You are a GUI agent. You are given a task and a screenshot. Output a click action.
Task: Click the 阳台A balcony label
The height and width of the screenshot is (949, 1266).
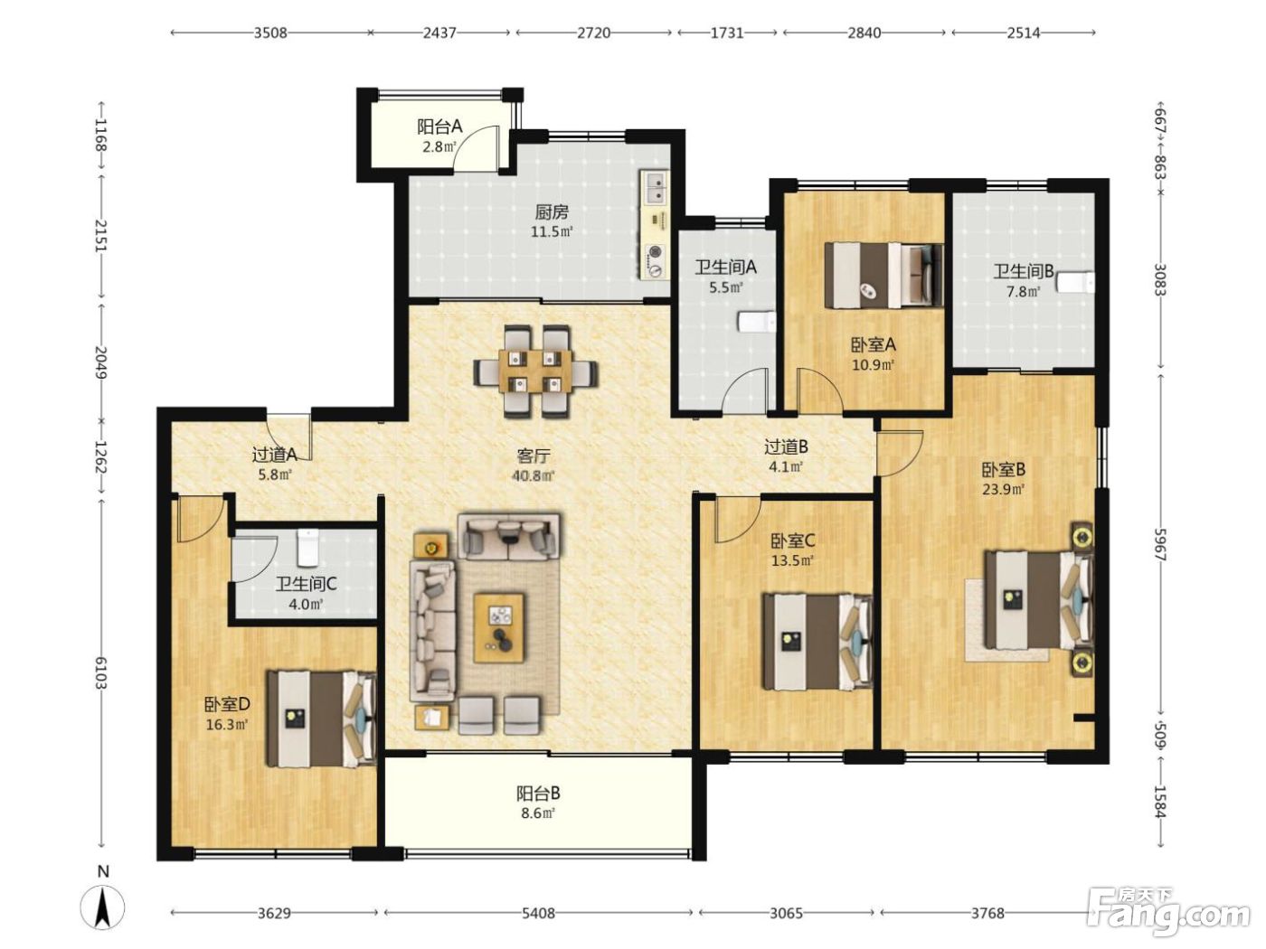click(439, 127)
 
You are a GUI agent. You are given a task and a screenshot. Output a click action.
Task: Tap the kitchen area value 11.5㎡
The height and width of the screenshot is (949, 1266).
click(552, 232)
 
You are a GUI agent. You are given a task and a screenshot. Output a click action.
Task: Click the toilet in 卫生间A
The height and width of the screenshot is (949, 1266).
click(756, 322)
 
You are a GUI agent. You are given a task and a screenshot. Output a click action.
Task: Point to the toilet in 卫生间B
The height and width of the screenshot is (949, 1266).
click(1076, 282)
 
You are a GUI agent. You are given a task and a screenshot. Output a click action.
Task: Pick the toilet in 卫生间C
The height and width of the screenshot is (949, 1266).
click(307, 547)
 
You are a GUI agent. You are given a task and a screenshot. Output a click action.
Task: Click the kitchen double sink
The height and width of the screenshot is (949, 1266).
click(656, 187)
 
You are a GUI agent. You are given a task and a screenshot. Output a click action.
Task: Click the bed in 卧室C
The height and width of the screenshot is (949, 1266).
click(817, 642)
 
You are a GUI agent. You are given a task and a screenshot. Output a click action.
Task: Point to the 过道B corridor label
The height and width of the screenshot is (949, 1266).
click(786, 446)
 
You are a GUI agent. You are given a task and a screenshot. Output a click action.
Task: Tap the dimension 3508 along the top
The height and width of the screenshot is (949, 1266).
click(270, 33)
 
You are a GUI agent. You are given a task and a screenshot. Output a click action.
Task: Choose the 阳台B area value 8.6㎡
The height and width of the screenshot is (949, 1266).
click(535, 813)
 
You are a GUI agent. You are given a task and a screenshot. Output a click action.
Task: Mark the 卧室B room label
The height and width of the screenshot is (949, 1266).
click(1004, 470)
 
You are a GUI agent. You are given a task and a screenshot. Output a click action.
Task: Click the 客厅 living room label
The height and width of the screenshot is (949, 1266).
click(534, 456)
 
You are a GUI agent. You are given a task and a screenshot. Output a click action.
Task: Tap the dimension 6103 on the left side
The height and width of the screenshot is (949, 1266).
click(101, 672)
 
